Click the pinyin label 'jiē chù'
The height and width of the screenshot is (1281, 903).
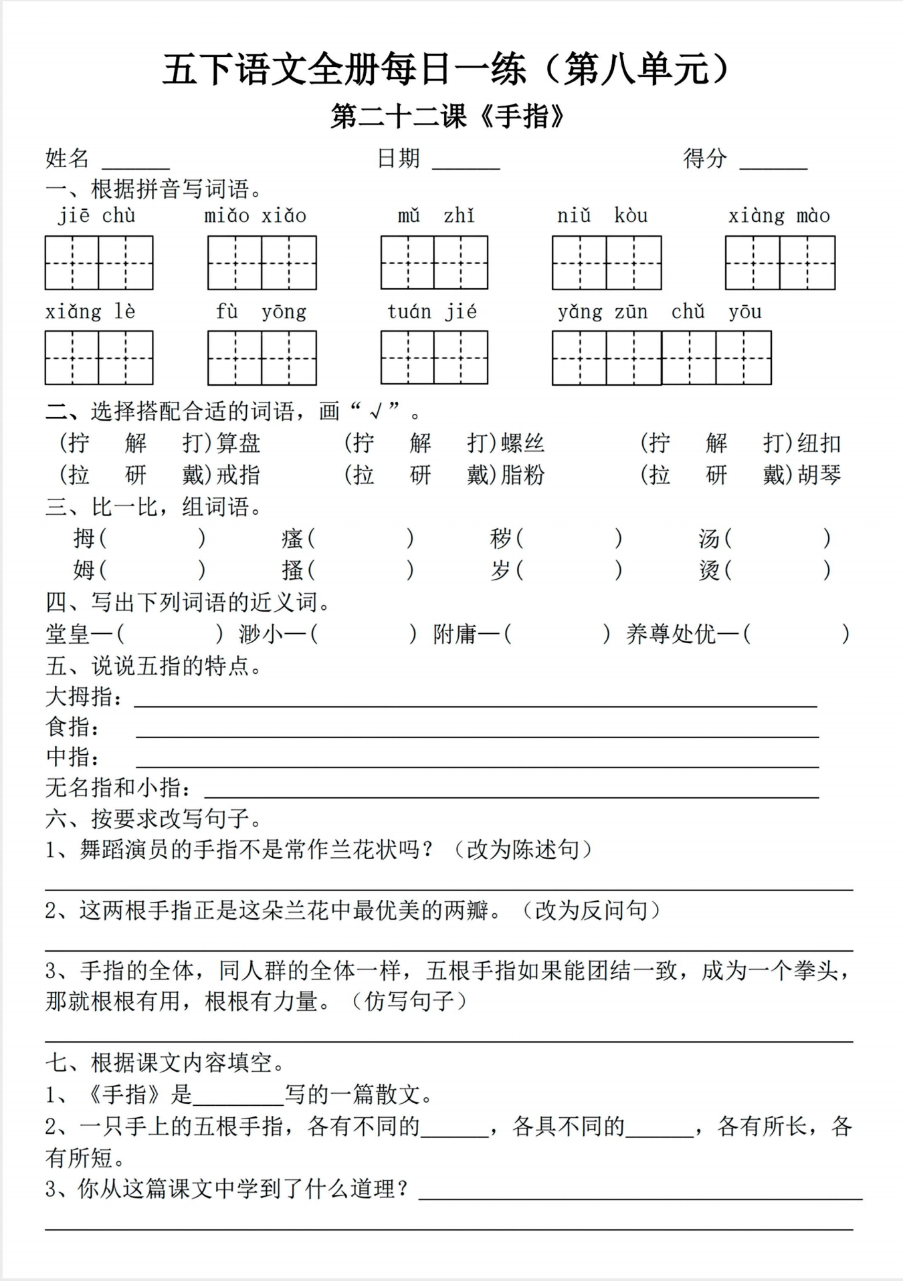coord(97,216)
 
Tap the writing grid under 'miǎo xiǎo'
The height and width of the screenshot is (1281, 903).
coord(262,263)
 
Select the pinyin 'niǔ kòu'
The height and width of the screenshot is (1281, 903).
coord(602,216)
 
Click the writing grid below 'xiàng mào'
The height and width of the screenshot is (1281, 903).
coord(780,263)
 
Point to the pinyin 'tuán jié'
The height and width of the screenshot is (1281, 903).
coord(432,312)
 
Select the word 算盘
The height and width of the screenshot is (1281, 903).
coord(239,443)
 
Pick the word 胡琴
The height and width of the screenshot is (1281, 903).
coord(819,475)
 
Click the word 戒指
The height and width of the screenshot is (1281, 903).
coord(239,475)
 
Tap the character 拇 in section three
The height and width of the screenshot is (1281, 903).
coord(84,538)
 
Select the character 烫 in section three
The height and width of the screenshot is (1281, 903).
coord(709,570)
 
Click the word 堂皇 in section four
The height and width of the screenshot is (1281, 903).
coord(68,634)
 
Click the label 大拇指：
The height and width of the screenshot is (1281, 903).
coord(84,697)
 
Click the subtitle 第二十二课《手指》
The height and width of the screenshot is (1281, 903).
coord(449,117)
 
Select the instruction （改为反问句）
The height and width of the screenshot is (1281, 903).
coord(591,911)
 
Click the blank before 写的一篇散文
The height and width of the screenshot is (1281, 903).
coord(238,1096)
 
